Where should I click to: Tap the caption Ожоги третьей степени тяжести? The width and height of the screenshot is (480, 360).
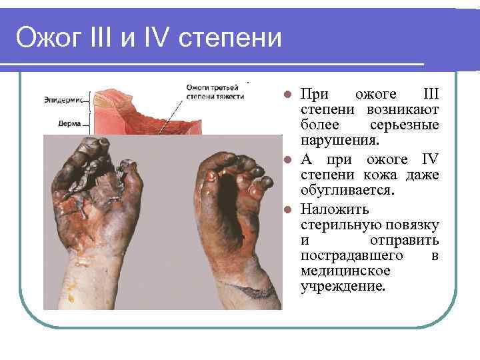tap(214, 91)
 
